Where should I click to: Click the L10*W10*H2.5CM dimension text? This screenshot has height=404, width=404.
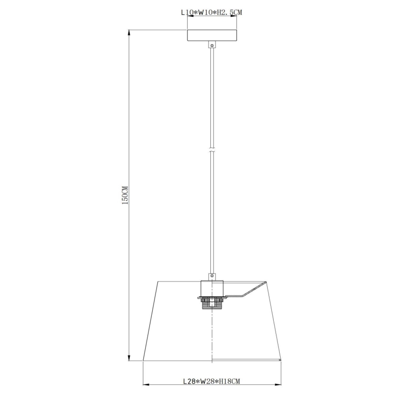click(212, 13)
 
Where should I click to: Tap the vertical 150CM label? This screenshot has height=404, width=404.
click(124, 195)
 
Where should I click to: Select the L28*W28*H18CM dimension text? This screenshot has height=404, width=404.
click(211, 382)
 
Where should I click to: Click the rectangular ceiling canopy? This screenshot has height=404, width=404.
click(212, 36)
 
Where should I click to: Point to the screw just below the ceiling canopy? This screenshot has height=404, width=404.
click(212, 46)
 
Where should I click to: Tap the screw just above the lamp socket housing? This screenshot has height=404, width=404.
click(212, 276)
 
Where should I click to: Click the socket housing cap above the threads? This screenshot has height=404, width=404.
click(212, 289)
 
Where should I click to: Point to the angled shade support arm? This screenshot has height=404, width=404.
click(247, 290)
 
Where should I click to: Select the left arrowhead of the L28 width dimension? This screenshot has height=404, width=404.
click(145, 385)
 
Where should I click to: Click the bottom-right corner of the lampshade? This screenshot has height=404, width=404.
click(281, 360)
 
